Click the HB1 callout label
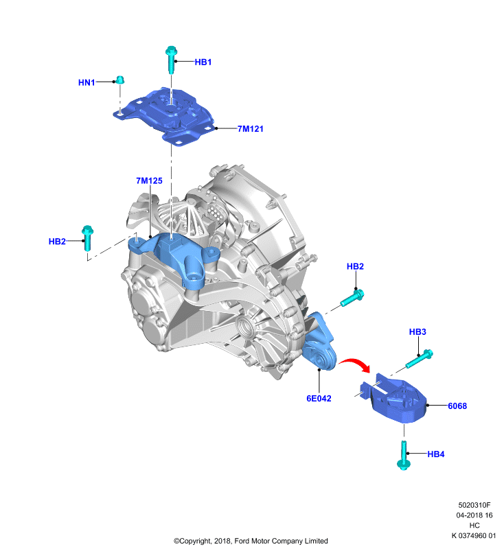203,62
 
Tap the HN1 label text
87,82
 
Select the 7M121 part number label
251,129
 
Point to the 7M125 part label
149,180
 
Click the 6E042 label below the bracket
319,399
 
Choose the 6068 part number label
457,406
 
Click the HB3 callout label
417,331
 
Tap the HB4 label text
436,454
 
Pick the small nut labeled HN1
119,80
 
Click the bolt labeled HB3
420,358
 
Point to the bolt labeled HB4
404,455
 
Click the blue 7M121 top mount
165,116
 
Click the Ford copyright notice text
251,541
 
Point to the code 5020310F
474,505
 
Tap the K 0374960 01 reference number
474,535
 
